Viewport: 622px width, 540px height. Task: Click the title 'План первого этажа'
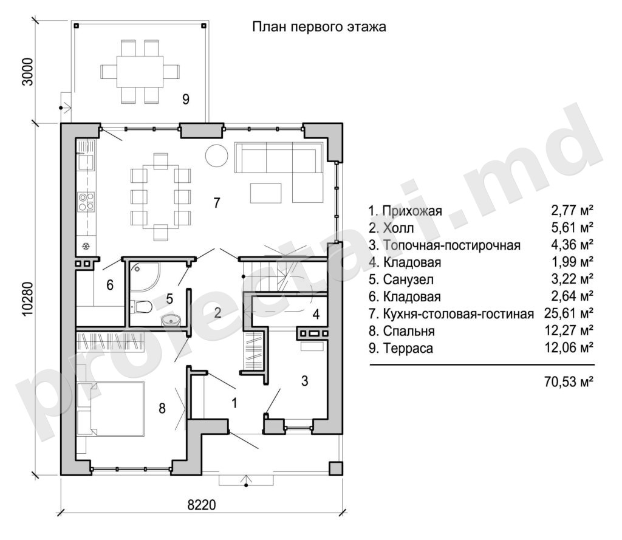click(319, 27)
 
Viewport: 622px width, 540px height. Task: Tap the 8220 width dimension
click(202, 505)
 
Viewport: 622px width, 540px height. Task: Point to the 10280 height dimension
click(27, 299)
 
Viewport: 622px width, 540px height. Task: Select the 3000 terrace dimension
click(27, 72)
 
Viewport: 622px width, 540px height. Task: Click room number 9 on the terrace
click(186, 99)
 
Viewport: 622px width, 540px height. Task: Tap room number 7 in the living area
click(217, 203)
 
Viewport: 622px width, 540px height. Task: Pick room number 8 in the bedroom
click(162, 408)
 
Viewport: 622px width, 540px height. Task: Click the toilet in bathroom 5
click(140, 307)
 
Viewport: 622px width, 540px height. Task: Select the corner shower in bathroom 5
click(145, 276)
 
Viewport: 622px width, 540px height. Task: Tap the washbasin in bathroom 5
click(171, 320)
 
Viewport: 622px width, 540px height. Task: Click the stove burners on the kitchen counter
click(86, 201)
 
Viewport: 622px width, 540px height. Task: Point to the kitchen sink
click(86, 162)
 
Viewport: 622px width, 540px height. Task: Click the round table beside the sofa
click(216, 155)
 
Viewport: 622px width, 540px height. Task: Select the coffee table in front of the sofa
click(266, 193)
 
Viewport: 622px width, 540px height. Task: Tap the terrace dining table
click(140, 72)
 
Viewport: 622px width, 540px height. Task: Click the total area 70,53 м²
click(569, 381)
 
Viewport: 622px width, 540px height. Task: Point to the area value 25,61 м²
click(569, 313)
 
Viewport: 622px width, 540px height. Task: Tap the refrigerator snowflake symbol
click(86, 247)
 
